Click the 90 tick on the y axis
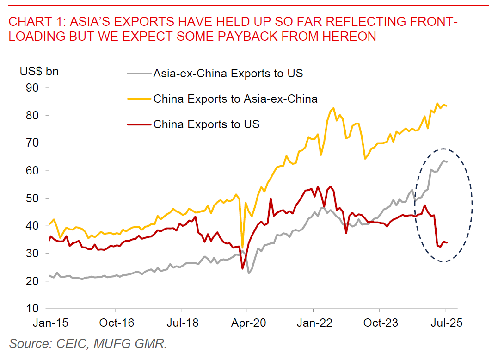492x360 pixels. coord(37,88)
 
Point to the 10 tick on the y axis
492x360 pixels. coord(37,309)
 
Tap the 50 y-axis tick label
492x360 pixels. coord(37,199)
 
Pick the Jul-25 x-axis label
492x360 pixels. coord(445,323)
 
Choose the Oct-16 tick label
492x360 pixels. coord(115,323)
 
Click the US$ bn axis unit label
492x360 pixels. coord(39,72)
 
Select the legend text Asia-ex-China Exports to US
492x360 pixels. coord(228,74)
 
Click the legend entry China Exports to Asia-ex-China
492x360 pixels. coord(235,99)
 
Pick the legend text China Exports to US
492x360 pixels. coord(206,124)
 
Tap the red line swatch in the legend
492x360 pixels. coord(139,124)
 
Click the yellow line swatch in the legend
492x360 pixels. coord(139,99)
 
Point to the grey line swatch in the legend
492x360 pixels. coord(139,74)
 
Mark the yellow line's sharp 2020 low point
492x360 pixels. coord(242,248)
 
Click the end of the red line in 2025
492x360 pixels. coord(447,242)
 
